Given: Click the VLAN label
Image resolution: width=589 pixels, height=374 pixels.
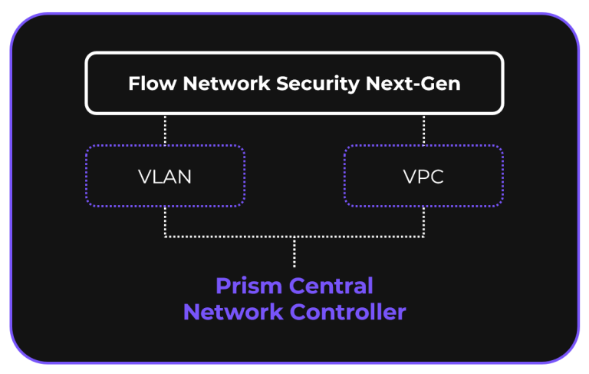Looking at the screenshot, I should coord(165,177).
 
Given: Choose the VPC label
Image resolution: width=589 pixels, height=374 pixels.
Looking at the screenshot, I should coord(423,177).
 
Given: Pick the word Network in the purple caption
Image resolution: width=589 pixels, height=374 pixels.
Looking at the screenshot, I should coord(233,313).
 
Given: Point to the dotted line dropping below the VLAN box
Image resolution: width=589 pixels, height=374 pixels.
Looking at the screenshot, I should coord(165,222).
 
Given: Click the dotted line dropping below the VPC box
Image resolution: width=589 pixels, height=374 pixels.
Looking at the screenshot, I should coord(423,222).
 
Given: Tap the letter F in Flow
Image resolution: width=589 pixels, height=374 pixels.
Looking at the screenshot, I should coord(133,83).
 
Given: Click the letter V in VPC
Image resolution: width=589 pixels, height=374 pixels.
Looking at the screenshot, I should coord(409,177).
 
